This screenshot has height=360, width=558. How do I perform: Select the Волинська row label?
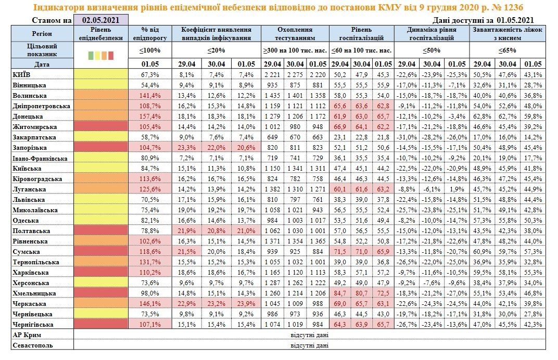point(30,96)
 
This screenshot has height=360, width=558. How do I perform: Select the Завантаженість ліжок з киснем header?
point(507,34)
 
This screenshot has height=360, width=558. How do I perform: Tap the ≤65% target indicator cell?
point(507,50)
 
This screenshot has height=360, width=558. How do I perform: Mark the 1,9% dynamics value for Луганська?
point(456,189)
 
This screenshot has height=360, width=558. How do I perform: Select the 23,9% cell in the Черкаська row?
point(245,304)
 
